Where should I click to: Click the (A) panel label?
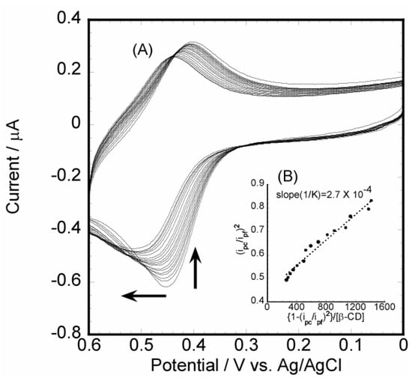(x=143, y=51)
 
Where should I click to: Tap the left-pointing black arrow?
(x=143, y=296)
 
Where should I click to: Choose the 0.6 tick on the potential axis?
(x=88, y=347)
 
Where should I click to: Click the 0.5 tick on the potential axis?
(x=141, y=347)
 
